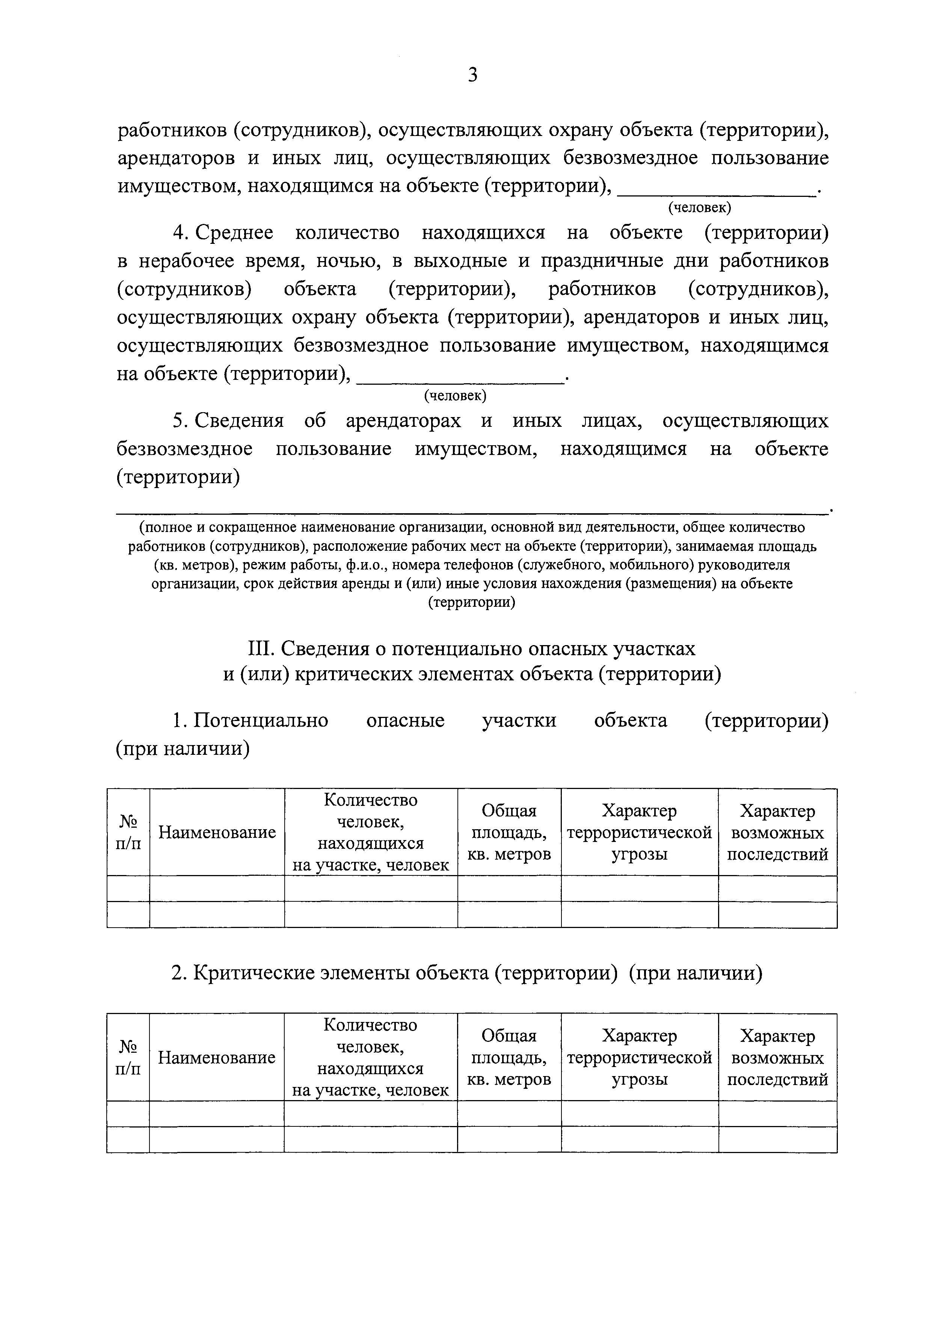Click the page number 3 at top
(x=472, y=75)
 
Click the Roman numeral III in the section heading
(x=262, y=648)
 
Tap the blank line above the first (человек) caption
(x=717, y=194)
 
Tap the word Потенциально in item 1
(x=260, y=720)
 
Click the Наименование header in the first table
(x=217, y=832)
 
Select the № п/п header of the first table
(x=128, y=832)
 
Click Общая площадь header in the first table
(x=509, y=832)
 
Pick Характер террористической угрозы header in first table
(x=639, y=832)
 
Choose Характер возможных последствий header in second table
(x=777, y=1057)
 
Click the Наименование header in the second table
(x=217, y=1057)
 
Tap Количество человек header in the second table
(x=371, y=1057)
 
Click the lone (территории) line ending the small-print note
(x=472, y=602)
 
